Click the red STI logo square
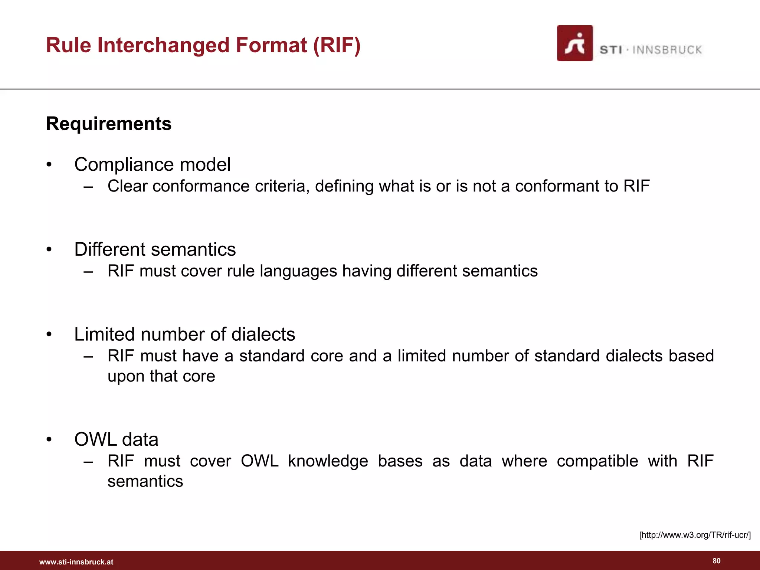574,43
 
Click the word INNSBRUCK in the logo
667,50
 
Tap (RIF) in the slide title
337,45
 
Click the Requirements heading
109,124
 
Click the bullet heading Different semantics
155,249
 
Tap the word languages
298,271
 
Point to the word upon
126,377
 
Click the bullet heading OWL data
116,439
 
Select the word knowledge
328,461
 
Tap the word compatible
597,461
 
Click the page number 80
717,561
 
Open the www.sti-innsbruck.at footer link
76,562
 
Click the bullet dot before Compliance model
49,165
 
